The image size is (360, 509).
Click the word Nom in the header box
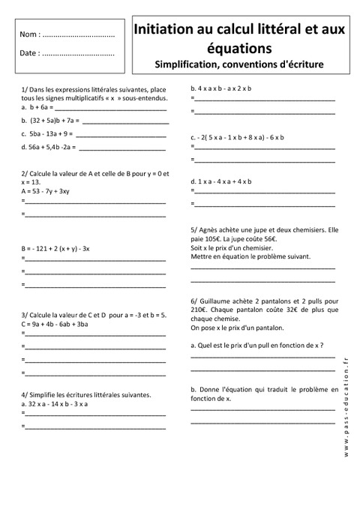(29, 35)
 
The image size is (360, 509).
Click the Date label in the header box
(29, 53)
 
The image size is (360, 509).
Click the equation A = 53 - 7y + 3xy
(49, 191)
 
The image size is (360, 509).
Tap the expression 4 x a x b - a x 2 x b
(224, 88)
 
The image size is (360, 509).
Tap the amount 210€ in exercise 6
(200, 309)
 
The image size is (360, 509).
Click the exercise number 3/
(25, 315)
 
